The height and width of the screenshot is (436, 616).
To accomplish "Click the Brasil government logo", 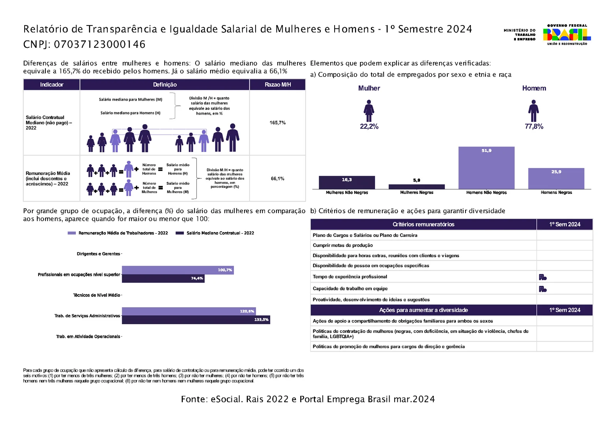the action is click(x=567, y=35).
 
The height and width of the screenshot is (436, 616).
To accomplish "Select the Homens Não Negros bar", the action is click(x=486, y=168).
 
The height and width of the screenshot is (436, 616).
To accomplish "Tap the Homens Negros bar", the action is click(x=556, y=178).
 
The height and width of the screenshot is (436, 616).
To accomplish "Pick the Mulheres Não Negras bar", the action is click(x=347, y=182).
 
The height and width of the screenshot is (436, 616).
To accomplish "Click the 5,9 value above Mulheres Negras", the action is click(x=416, y=180).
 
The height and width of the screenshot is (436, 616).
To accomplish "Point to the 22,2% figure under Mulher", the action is click(x=369, y=126).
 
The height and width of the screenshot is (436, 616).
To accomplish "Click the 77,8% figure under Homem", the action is click(x=534, y=126).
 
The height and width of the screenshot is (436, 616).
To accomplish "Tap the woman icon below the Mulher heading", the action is click(x=369, y=111).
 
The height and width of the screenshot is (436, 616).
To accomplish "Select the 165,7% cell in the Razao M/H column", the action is click(x=278, y=123).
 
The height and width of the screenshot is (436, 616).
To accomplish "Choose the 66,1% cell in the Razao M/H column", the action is click(x=278, y=178).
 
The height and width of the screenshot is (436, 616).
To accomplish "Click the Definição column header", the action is click(x=165, y=84).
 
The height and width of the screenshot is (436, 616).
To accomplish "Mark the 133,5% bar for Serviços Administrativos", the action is click(x=196, y=320).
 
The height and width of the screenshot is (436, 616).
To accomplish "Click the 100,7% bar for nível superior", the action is click(x=178, y=270).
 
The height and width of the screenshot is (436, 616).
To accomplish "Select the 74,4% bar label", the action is click(x=197, y=278).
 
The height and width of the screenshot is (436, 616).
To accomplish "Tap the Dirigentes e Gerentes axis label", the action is click(x=99, y=254).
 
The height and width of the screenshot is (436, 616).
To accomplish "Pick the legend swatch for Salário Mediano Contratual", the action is click(x=179, y=233).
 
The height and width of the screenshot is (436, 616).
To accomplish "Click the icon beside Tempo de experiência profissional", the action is click(x=542, y=277).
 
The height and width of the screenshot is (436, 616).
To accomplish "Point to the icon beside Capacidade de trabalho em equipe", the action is click(x=542, y=289).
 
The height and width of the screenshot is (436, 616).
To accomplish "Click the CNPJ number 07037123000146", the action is click(x=100, y=44).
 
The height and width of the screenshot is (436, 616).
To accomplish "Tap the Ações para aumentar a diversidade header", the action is click(x=423, y=310).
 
